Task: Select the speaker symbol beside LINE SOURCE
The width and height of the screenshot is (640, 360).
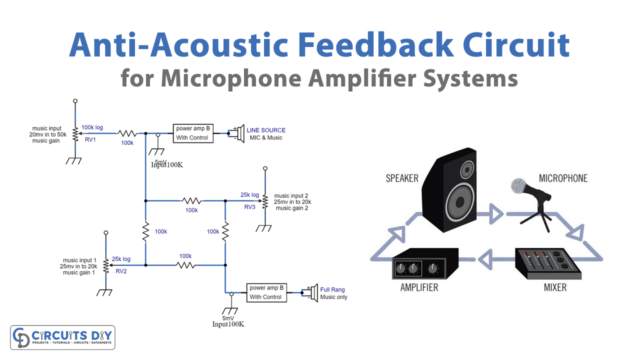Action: coord(236,132)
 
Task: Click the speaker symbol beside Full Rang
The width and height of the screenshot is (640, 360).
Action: coord(311,292)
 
